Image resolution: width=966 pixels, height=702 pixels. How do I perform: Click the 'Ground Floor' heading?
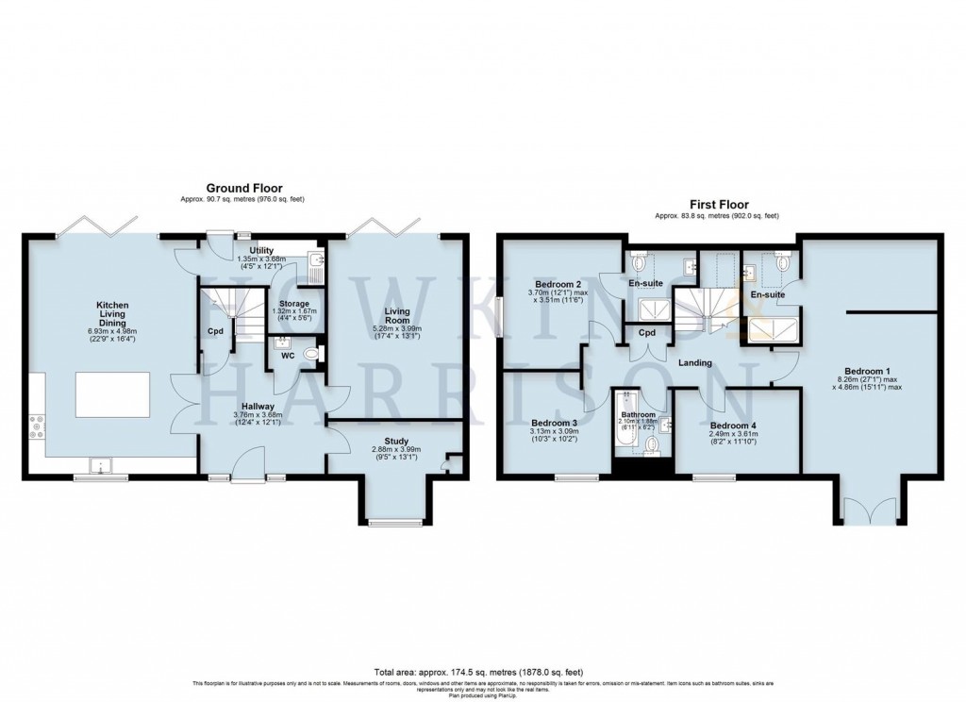click(x=245, y=189)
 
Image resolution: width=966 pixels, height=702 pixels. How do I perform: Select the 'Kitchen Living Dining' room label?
click(x=111, y=320)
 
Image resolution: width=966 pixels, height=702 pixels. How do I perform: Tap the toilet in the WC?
click(x=311, y=353)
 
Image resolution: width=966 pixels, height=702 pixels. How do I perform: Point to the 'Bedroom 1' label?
click(x=868, y=371)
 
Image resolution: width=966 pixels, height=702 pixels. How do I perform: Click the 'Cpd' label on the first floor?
click(x=647, y=333)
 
